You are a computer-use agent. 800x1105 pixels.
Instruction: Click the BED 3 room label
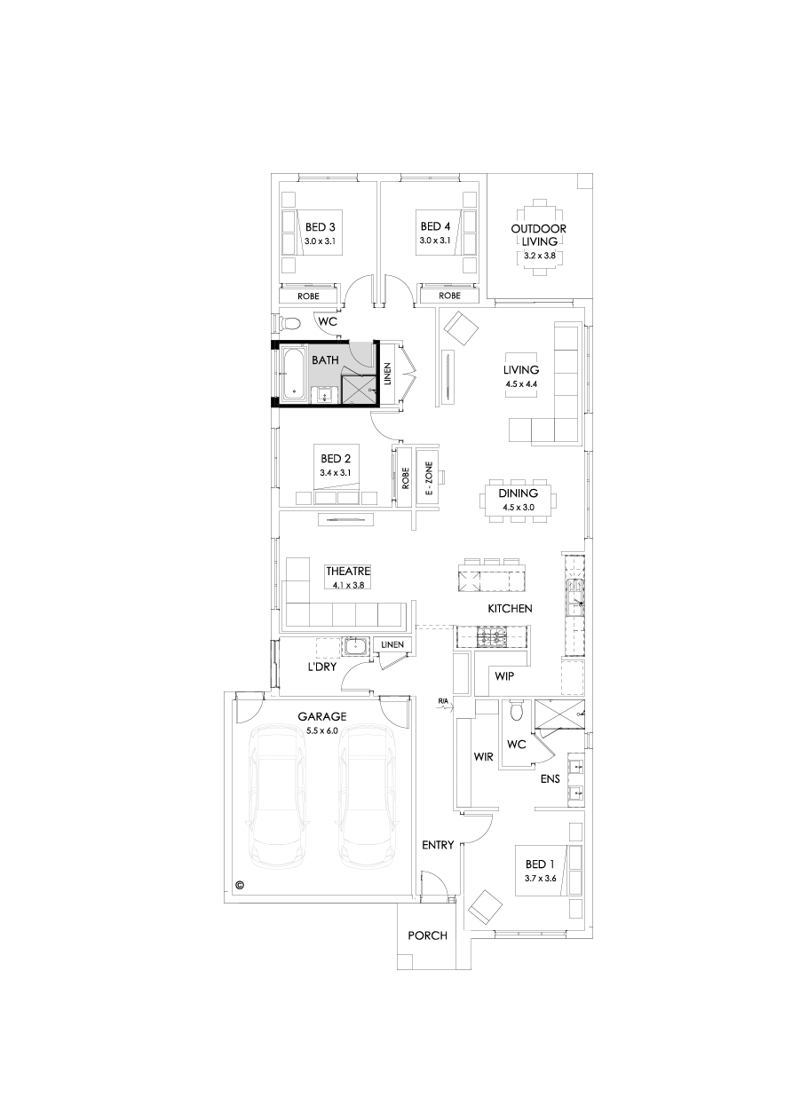coord(320,226)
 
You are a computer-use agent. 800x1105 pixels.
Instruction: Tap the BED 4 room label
coord(435,226)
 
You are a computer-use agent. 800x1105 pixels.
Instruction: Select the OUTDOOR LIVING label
coord(539,234)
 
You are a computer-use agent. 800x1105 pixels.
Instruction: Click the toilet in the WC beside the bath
coord(289,322)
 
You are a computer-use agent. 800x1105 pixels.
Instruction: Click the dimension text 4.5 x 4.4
coord(521,384)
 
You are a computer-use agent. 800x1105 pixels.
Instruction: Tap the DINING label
coord(519,493)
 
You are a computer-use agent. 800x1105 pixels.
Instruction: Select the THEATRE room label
coord(348,572)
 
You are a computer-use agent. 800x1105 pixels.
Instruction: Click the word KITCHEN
coord(510,609)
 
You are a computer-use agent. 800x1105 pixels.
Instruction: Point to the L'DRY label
coord(321,666)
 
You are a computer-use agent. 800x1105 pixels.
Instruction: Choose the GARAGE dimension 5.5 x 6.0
coord(321,730)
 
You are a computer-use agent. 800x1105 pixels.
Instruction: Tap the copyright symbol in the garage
coord(240,885)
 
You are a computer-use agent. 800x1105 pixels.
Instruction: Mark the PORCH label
coord(426,935)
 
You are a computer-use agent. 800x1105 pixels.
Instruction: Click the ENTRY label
coord(438,845)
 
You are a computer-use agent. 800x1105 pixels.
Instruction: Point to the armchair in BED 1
coord(485,906)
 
